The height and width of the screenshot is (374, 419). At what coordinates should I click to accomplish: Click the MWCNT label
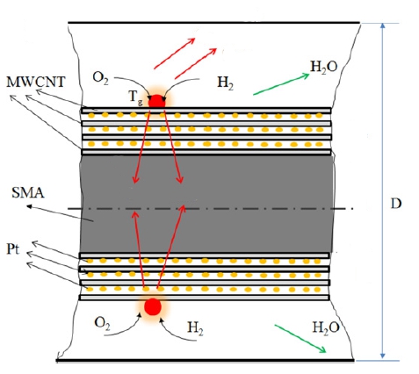[x=36, y=82]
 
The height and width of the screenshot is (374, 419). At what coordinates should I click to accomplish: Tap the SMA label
[x=28, y=193]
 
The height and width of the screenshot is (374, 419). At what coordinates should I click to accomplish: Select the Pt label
[x=13, y=249]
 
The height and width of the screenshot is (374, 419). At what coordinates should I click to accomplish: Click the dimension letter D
[x=396, y=204]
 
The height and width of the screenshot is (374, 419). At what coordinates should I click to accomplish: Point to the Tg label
[x=136, y=97]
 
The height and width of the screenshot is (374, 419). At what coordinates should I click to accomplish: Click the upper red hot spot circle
[x=157, y=102]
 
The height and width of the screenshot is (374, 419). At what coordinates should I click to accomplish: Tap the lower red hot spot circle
[x=153, y=306]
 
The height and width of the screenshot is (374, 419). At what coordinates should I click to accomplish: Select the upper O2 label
[x=100, y=78]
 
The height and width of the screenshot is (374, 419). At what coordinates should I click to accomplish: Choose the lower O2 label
[x=102, y=324]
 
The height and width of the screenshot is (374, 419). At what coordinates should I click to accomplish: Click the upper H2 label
[x=225, y=83]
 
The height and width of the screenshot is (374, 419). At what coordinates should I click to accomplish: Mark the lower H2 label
[x=195, y=327]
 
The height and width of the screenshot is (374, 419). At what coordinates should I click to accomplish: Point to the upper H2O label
[x=324, y=67]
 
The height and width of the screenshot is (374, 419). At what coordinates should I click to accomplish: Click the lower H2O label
[x=326, y=327]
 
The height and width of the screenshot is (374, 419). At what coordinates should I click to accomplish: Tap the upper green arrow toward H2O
[x=281, y=84]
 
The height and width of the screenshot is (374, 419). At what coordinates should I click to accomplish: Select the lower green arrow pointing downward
[x=300, y=339]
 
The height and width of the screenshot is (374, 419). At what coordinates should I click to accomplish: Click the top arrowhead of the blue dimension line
[x=382, y=25]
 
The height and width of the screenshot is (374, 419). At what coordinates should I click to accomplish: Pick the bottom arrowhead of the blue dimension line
[x=382, y=356]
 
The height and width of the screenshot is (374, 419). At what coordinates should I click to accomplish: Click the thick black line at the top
[x=214, y=22]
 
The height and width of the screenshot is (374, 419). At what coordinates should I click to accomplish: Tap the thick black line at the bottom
[x=205, y=361]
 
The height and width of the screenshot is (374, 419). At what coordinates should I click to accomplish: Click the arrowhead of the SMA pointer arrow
[x=29, y=206]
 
